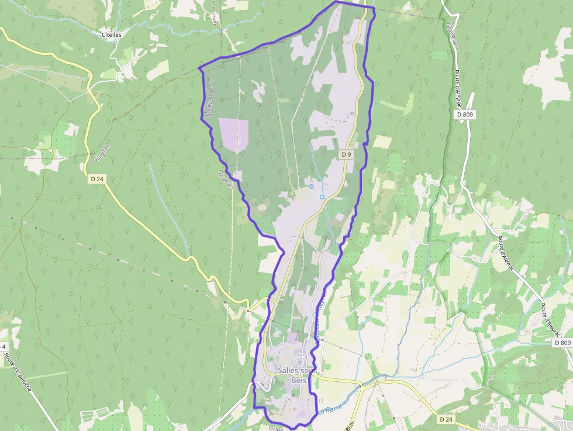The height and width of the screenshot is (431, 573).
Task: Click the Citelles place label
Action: [111, 35]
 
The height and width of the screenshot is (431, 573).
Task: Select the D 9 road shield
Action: [347, 154]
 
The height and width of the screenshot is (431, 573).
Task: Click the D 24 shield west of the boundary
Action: [97, 180]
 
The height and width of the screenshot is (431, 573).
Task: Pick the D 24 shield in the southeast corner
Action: [446, 419]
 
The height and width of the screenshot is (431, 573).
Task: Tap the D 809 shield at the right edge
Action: [562, 343]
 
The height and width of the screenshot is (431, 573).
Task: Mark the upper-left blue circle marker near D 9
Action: [312, 187]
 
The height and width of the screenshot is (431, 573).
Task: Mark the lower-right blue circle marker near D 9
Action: [322, 197]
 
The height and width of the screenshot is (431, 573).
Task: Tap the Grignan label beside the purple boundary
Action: [226, 179]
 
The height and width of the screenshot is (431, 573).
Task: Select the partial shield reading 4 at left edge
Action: [3, 347]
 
